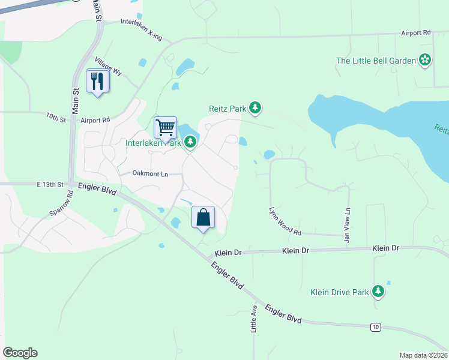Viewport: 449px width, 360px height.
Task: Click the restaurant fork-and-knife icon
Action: pos(98,80)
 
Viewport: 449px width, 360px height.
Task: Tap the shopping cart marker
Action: pos(165,127)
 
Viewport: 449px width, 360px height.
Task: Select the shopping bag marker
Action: pos(203,217)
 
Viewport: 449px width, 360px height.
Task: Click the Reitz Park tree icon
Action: pos(256,108)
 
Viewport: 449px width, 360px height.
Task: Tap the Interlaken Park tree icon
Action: pos(190,142)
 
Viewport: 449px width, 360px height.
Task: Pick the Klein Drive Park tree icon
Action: pos(378,292)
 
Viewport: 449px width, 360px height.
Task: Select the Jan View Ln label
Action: pos(347,225)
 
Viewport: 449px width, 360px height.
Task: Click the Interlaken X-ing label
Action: pos(141,29)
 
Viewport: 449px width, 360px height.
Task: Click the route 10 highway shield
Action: pos(375,326)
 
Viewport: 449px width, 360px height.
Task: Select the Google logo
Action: pos(20,353)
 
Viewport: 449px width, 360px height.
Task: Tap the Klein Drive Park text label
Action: pos(339,292)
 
